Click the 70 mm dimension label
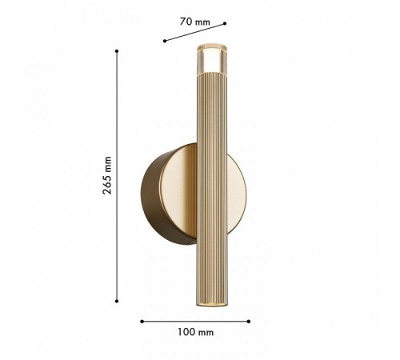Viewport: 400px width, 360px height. (195, 22)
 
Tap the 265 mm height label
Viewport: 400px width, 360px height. (107, 175)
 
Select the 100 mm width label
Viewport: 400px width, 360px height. (196, 332)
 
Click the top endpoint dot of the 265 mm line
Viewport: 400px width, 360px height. (117, 51)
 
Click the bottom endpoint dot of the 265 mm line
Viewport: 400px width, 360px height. (117, 301)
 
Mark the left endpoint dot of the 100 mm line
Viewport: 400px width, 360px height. (142, 322)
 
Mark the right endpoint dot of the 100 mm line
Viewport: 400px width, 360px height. (249, 322)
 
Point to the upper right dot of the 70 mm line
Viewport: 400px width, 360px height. (225, 23)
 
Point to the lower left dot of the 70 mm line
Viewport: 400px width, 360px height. (165, 41)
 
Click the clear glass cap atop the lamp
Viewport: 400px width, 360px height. (212, 58)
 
